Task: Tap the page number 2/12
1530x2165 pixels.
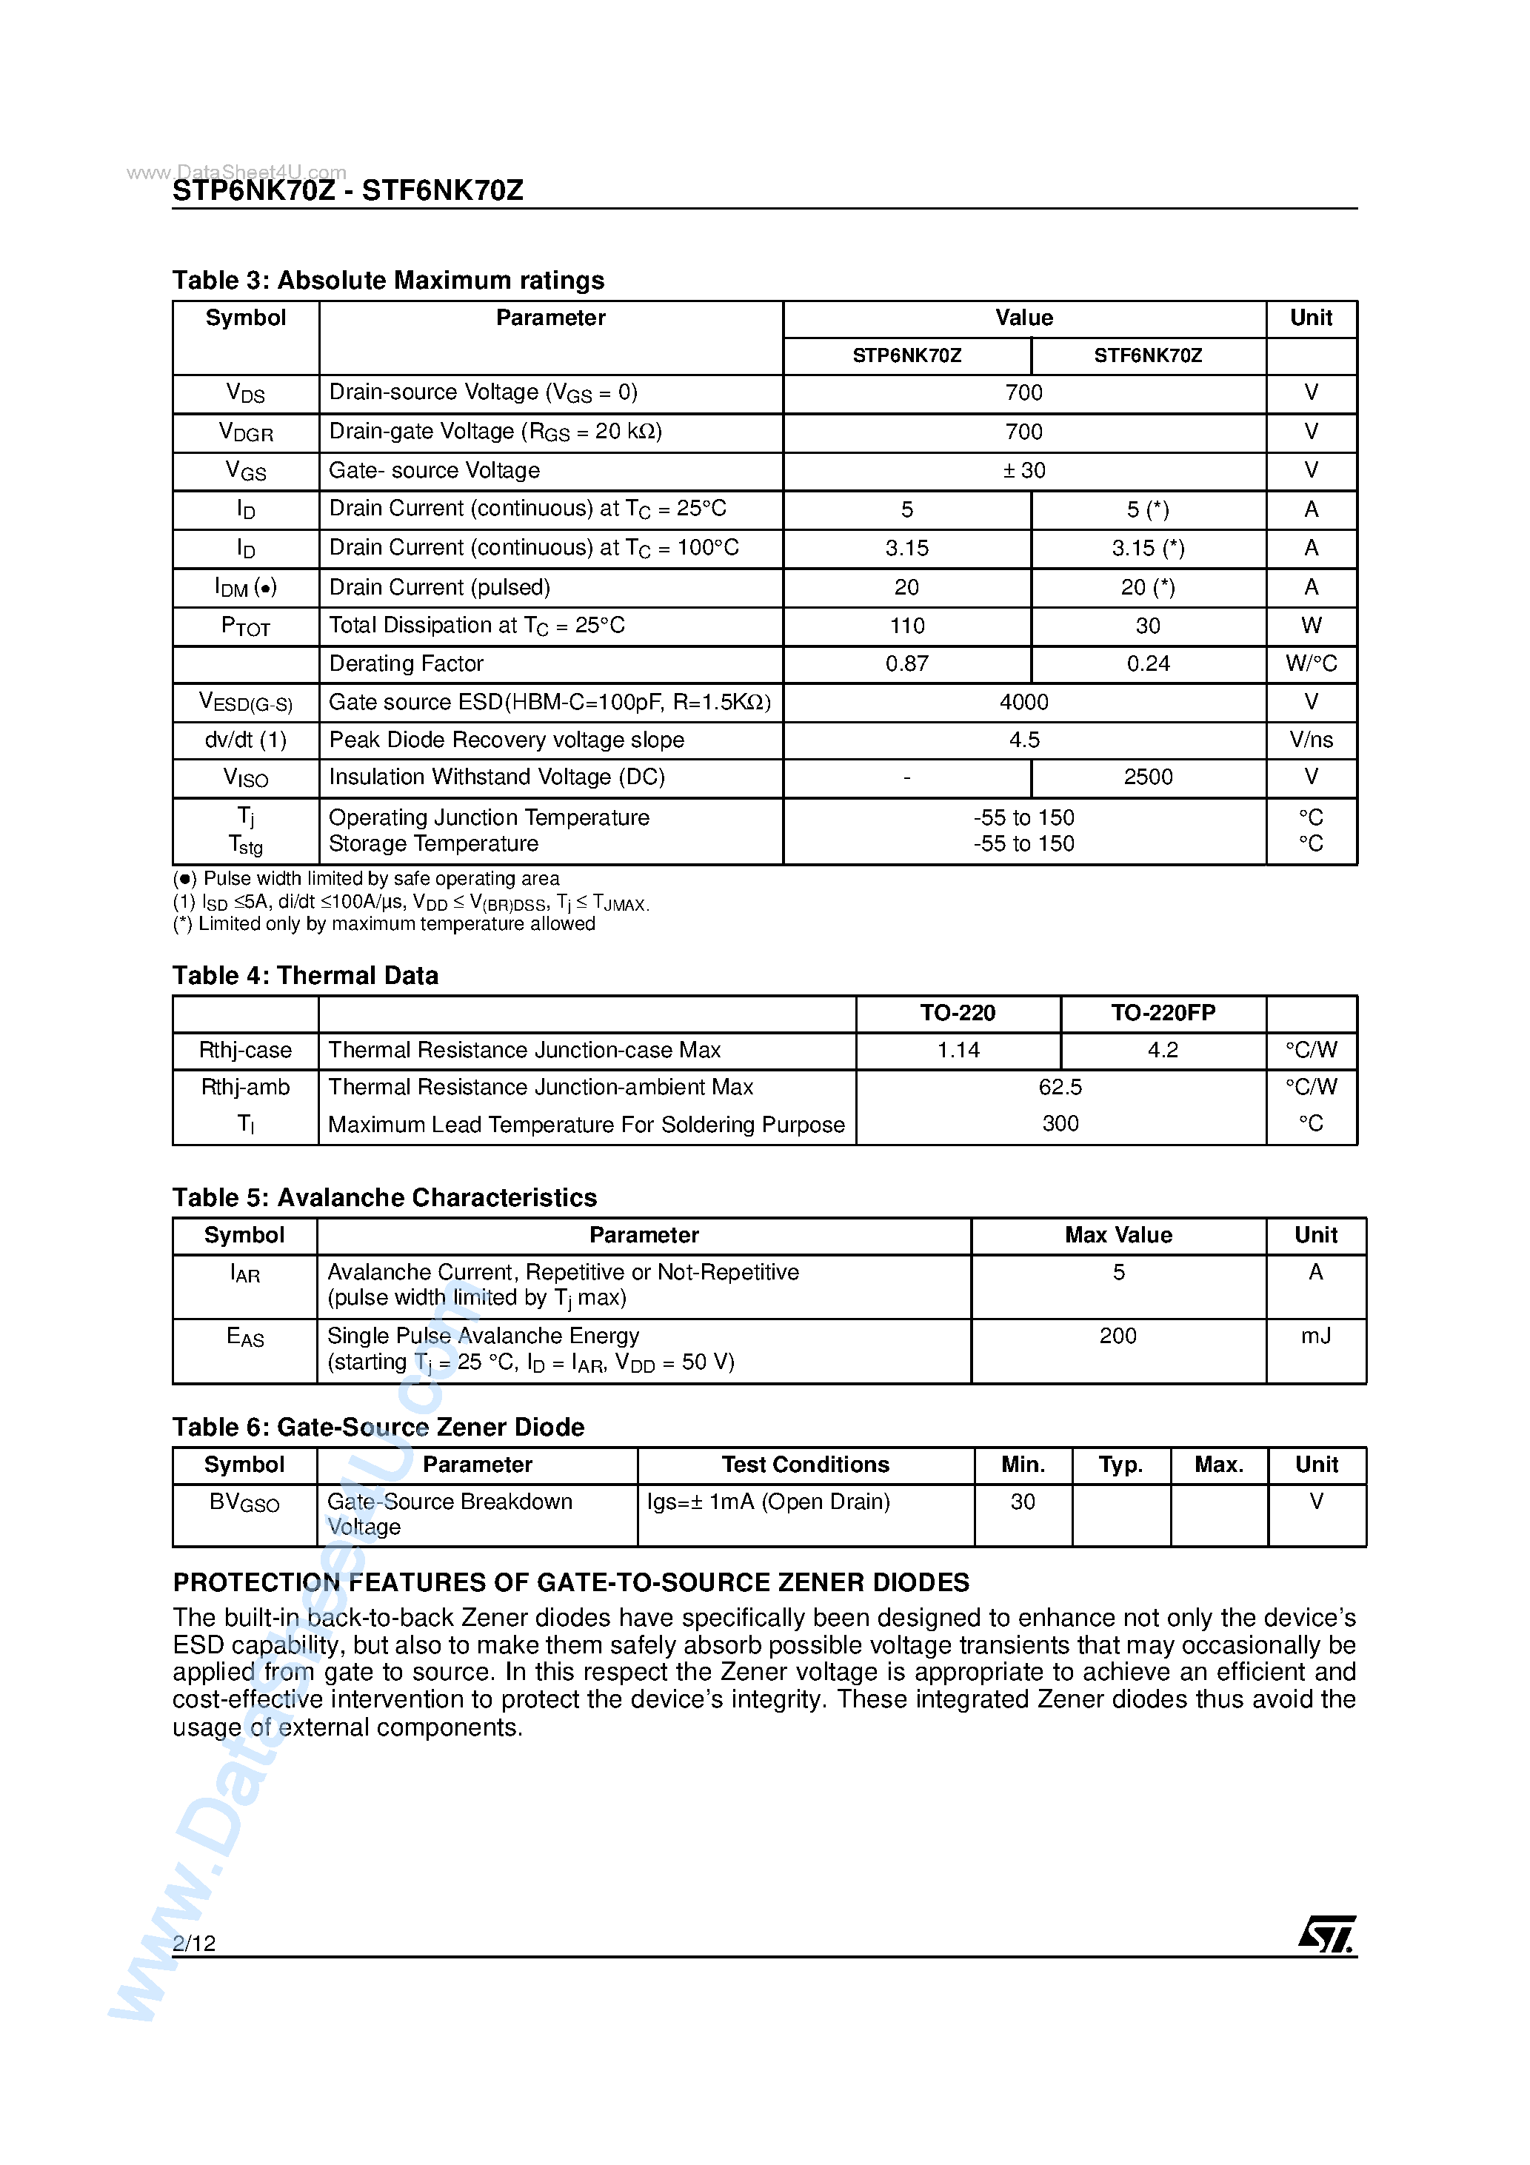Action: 194,1942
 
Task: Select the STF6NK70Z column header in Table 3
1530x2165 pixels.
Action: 1147,355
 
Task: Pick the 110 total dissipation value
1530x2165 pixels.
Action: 906,626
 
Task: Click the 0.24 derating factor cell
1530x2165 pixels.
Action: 1147,664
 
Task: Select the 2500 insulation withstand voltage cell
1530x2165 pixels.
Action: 1147,777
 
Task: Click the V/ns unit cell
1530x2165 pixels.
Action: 1310,740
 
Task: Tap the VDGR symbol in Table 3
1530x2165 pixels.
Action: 245,433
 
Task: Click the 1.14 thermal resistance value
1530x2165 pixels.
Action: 958,1051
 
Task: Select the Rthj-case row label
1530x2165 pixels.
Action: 245,1051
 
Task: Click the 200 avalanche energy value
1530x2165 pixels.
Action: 1117,1336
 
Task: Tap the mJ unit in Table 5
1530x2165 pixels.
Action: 1315,1336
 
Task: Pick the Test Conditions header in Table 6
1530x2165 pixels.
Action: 804,1465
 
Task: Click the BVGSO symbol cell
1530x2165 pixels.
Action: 244,1502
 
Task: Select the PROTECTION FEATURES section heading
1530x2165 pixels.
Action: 571,1582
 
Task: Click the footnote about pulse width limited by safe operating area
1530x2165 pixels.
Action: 366,879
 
